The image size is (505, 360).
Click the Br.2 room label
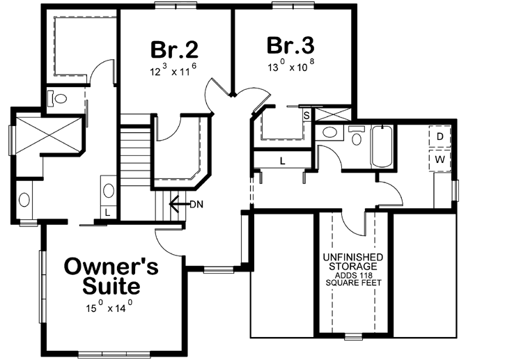pos(174,49)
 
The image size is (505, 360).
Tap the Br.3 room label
pos(291,46)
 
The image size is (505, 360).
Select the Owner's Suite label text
pos(111,275)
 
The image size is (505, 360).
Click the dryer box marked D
pos(440,136)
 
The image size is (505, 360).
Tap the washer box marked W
pos(440,159)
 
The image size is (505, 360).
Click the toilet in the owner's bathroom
pos(58,99)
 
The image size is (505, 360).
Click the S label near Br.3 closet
pos(306,116)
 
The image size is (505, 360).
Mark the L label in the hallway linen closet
pos(282,161)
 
